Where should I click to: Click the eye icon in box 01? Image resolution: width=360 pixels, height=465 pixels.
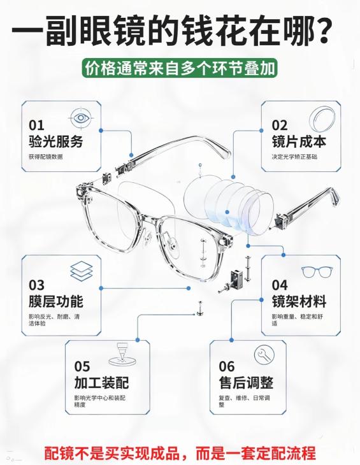click(x=81, y=118)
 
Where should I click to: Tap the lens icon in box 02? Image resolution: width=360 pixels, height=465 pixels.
click(x=322, y=118)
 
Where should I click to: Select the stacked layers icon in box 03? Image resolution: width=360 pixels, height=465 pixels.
click(x=82, y=271)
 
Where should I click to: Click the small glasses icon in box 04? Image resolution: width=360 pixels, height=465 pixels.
click(x=317, y=271)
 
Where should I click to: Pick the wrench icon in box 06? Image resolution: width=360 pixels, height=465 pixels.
click(x=264, y=354)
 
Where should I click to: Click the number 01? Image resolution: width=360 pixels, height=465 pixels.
click(x=36, y=125)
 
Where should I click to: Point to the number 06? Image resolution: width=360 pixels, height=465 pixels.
click(x=227, y=366)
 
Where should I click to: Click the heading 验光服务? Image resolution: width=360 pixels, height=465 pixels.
click(x=55, y=141)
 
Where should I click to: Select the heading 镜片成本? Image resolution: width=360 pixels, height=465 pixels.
click(x=299, y=141)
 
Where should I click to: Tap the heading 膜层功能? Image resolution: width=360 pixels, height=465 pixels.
click(x=55, y=301)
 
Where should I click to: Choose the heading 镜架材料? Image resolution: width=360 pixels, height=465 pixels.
click(x=299, y=301)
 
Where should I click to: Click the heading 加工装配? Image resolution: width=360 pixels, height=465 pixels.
click(x=101, y=383)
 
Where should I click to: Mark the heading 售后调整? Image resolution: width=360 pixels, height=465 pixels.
click(x=246, y=383)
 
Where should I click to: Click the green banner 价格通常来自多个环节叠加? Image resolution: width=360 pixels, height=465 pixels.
click(x=180, y=68)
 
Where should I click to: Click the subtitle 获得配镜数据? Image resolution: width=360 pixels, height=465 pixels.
click(x=46, y=157)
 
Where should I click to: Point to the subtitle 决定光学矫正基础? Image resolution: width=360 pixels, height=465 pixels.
click(x=294, y=157)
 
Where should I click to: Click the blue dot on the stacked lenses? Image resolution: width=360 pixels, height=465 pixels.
click(x=227, y=212)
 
